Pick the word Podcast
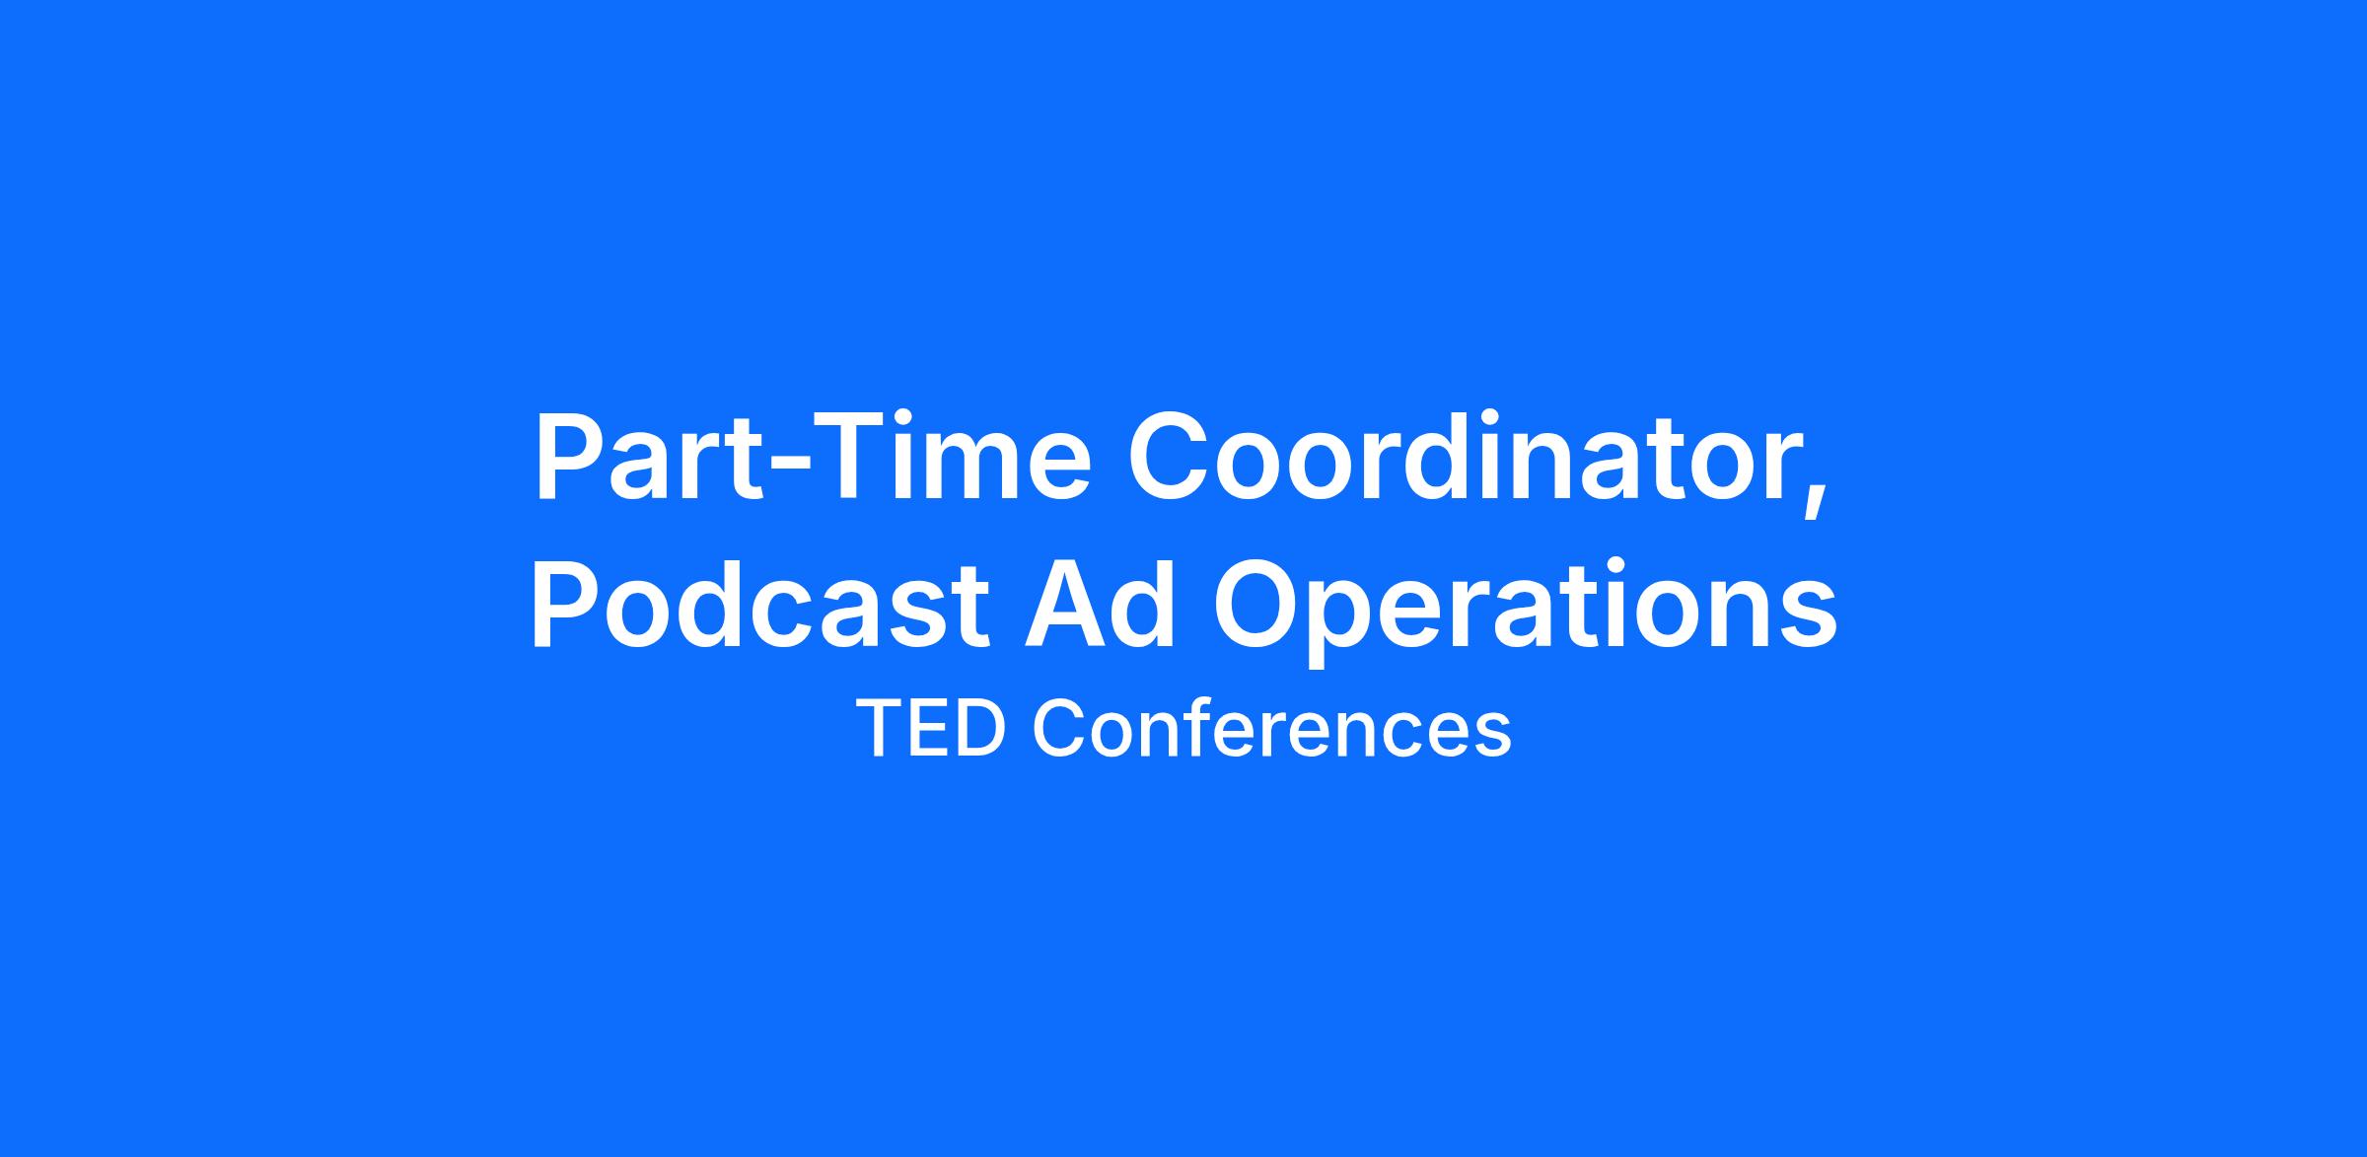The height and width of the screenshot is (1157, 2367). pyautogui.click(x=759, y=603)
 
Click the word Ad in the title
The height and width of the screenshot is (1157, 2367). pyautogui.click(x=1101, y=603)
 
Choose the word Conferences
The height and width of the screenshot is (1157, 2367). pyautogui.click(x=1271, y=729)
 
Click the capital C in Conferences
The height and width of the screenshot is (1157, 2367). pyautogui.click(x=1056, y=729)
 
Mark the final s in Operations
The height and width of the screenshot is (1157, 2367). pyautogui.click(x=1810, y=616)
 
